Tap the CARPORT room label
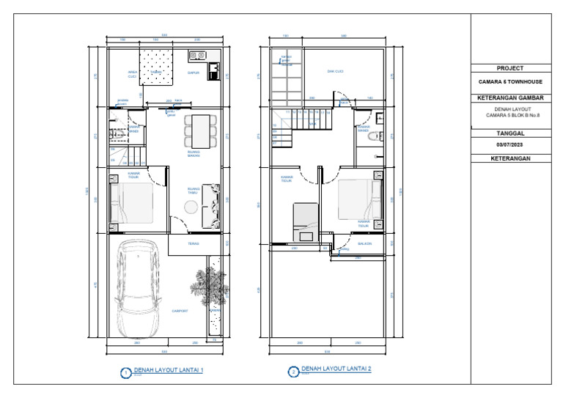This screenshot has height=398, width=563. point(180,311)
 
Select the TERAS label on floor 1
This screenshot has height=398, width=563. point(194,244)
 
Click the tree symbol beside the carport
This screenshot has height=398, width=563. point(208,286)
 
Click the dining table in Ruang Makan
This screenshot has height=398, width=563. point(199,130)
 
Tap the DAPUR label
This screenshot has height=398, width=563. point(194,73)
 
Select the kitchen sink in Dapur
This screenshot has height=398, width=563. point(198,54)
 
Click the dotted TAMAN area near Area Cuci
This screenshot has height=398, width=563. point(156,66)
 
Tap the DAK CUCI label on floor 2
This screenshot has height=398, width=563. point(336,71)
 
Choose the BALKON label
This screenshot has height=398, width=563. point(365,244)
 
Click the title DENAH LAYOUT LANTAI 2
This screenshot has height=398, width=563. point(336,369)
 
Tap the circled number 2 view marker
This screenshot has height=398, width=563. point(293,372)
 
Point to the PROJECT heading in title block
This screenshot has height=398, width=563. point(510,68)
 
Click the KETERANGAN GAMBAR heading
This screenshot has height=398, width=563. point(510,96)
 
